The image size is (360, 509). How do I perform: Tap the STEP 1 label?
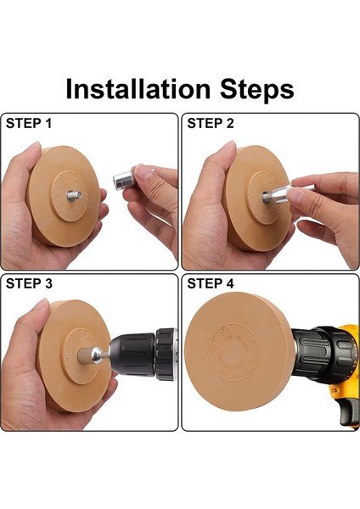coord(30,124)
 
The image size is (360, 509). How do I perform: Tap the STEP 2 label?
coord(211,124)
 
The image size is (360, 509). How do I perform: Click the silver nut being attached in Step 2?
coord(278,195)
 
